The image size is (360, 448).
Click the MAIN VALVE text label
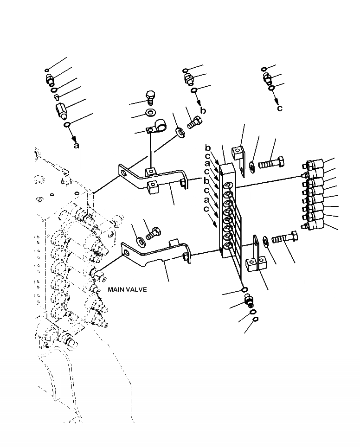click(127, 289)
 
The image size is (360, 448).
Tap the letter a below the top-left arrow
click(77, 145)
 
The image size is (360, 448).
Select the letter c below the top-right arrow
click(279, 109)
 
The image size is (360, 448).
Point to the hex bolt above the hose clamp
click(151, 97)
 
